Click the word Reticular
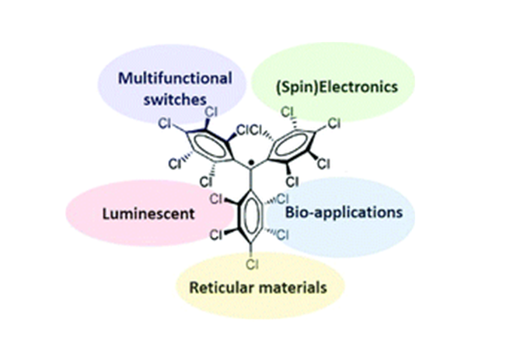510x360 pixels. [225, 287]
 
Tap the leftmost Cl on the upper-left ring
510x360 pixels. [165, 123]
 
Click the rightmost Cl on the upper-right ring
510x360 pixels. [335, 122]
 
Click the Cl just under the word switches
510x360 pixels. [210, 112]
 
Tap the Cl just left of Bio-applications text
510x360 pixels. [285, 199]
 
